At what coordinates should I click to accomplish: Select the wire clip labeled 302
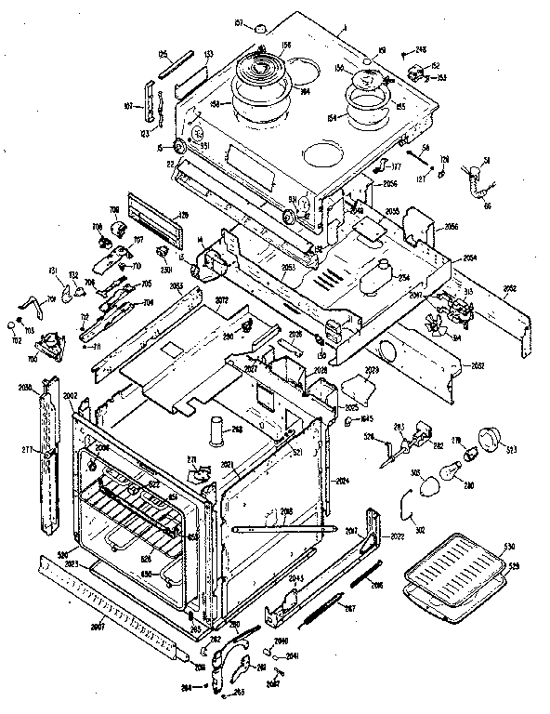(x=406, y=509)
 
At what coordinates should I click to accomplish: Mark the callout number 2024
(x=341, y=481)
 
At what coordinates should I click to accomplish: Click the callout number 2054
(x=470, y=256)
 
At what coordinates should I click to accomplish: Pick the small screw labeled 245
(x=406, y=55)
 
